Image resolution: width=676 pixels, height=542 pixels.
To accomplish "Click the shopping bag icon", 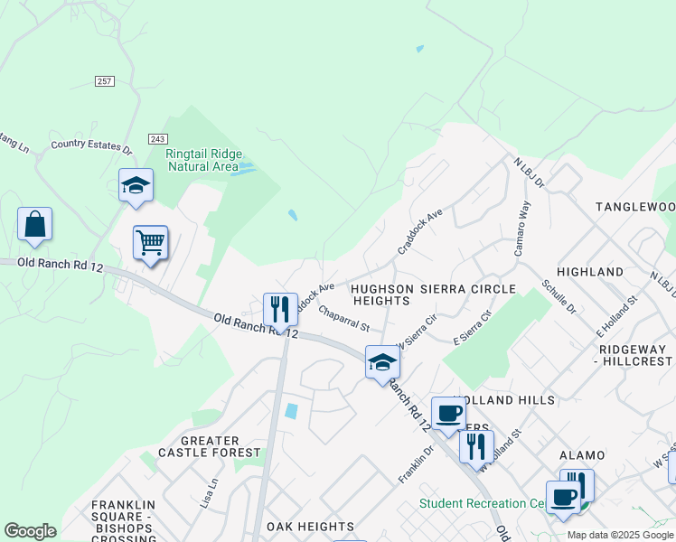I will click(34, 224).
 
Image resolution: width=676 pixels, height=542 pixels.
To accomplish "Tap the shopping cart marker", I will click(150, 242).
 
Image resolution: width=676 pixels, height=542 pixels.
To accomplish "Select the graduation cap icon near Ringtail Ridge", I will click(136, 185).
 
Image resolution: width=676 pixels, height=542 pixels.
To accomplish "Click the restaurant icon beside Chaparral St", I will click(280, 309).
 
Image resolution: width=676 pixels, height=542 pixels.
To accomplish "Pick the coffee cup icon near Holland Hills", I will click(447, 414).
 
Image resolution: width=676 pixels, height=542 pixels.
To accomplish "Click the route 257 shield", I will click(105, 81).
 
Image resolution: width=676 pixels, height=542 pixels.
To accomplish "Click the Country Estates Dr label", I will click(91, 144).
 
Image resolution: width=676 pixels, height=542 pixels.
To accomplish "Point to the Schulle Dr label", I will click(558, 296).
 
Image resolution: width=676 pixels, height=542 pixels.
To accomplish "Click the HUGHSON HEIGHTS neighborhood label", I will click(381, 294).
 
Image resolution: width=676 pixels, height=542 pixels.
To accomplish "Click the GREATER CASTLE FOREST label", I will click(210, 446).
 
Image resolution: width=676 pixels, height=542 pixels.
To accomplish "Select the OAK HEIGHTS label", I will click(310, 527).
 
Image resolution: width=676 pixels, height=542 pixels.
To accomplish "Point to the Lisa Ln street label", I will click(213, 492).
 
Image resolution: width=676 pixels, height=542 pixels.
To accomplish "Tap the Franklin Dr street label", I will click(416, 463).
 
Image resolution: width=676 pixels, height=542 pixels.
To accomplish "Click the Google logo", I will click(30, 531).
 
